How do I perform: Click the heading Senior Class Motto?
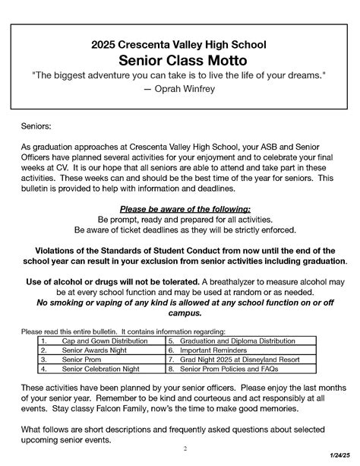(x=179, y=60)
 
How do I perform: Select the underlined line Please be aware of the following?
(x=185, y=208)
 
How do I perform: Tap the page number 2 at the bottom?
(x=185, y=448)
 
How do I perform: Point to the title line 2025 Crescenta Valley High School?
(x=179, y=45)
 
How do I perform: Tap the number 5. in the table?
(x=172, y=341)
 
